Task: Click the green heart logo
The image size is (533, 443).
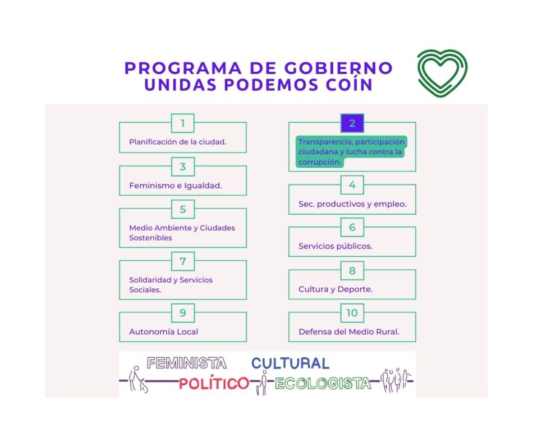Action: click(x=442, y=72)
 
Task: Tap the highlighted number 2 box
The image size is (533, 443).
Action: click(x=352, y=123)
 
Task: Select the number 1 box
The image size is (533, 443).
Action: click(x=183, y=123)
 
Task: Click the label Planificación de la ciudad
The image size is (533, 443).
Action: click(x=178, y=142)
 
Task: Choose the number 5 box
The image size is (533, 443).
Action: click(x=183, y=210)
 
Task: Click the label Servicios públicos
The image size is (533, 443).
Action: click(x=336, y=246)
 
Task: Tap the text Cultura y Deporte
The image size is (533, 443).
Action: click(x=336, y=289)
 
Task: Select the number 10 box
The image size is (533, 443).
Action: click(x=352, y=313)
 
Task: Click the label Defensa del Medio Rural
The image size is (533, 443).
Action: click(x=349, y=331)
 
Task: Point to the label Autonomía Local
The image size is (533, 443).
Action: click(x=164, y=331)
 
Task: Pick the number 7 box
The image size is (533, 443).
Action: click(x=183, y=261)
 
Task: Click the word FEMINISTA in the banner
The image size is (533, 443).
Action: click(x=186, y=363)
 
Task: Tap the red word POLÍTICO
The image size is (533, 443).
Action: click(x=214, y=384)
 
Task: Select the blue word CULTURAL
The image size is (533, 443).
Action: click(x=290, y=363)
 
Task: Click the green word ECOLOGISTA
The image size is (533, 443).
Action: click(x=323, y=384)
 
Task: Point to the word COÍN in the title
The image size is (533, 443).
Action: click(x=349, y=85)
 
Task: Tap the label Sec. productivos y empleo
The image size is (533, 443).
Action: click(x=352, y=204)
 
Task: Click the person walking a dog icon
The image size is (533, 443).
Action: click(x=137, y=380)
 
